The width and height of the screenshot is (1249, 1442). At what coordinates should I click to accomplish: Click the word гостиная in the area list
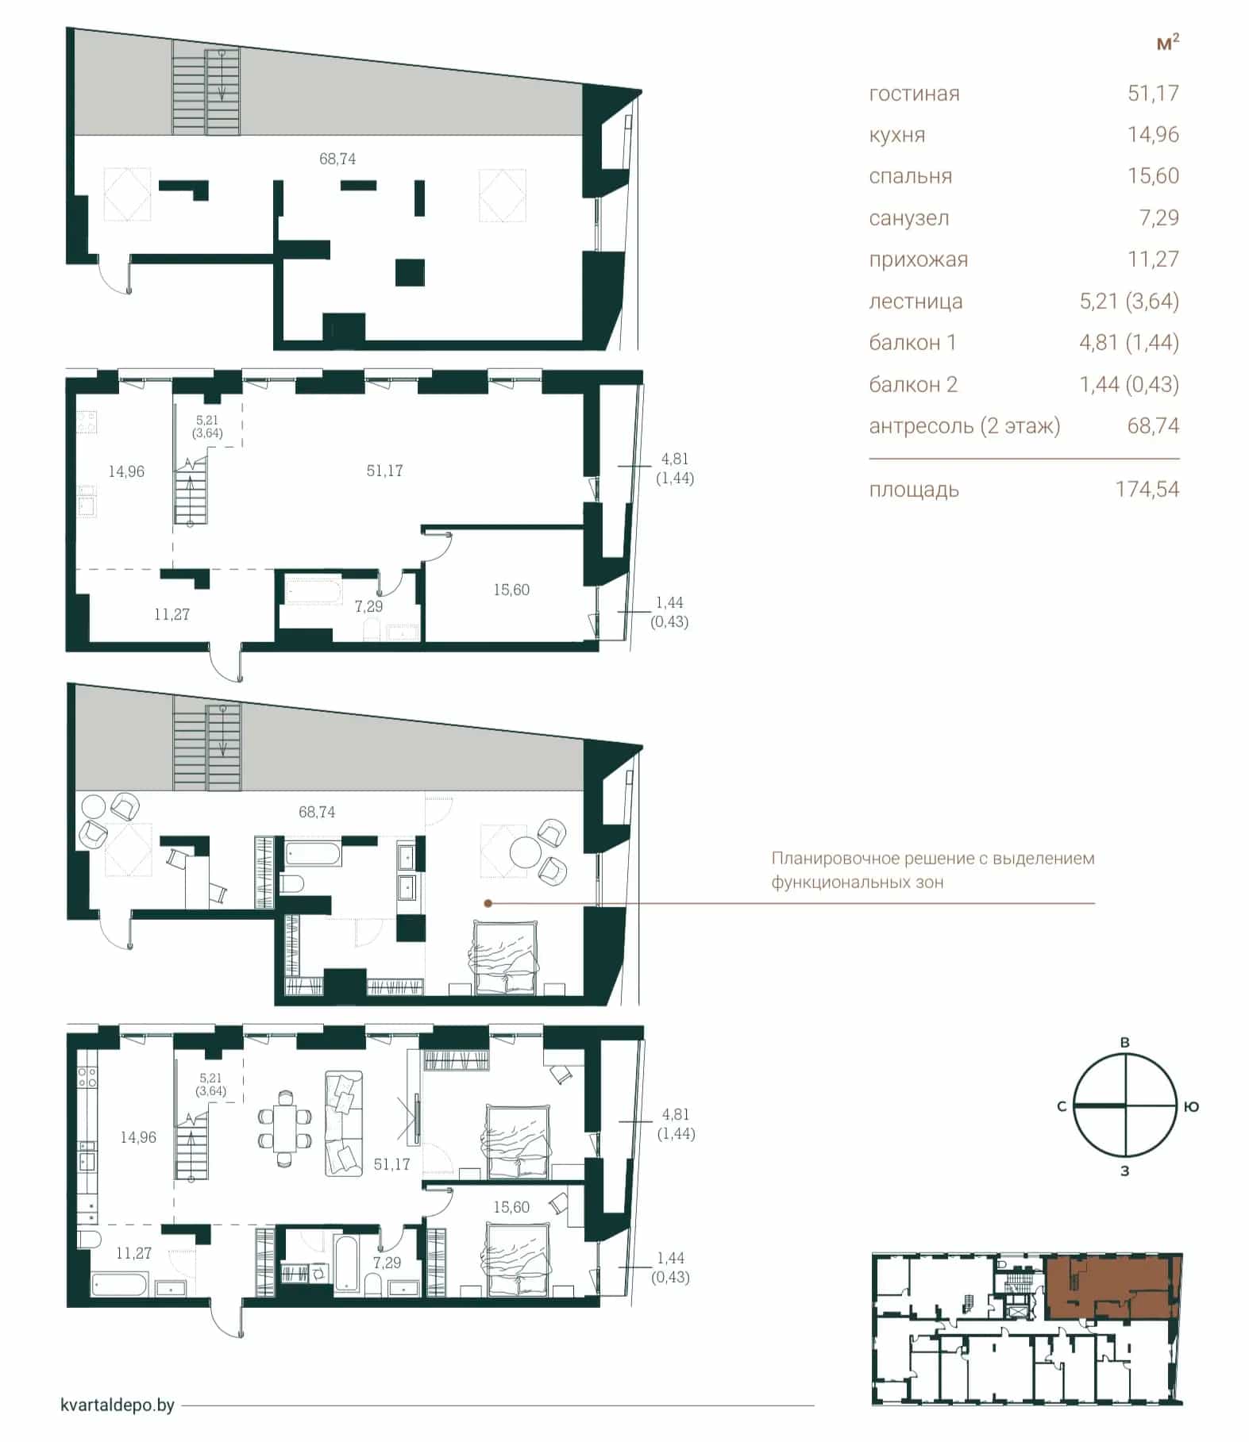tap(914, 94)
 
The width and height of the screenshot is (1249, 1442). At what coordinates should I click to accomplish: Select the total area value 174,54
tap(1147, 489)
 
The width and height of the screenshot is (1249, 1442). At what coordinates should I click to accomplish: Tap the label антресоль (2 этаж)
tap(965, 426)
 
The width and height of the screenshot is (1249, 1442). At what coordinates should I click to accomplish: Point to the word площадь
tap(914, 490)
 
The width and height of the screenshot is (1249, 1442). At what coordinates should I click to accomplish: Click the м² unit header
tap(1167, 42)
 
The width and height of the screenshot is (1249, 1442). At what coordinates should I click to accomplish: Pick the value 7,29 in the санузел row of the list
tap(1159, 217)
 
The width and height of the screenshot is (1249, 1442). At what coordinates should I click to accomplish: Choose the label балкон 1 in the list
tap(912, 343)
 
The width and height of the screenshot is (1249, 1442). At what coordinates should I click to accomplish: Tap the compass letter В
tap(1124, 1042)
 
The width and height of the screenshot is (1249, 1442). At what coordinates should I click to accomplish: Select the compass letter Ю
tap(1191, 1106)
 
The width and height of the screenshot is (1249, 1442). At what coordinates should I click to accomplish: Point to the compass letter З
tap(1124, 1170)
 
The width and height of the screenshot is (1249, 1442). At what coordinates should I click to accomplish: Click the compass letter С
tap(1061, 1106)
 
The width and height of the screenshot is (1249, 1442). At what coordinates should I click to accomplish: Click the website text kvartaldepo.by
tap(118, 1405)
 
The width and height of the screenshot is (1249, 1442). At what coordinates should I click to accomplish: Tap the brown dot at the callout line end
tap(488, 903)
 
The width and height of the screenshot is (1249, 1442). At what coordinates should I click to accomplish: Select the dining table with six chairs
tap(284, 1128)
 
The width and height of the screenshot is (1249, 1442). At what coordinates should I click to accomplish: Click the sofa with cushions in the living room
tap(343, 1123)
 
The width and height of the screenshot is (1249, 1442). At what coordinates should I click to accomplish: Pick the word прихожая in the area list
tap(918, 260)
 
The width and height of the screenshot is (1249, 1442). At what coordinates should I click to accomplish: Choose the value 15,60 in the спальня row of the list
tap(1154, 176)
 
